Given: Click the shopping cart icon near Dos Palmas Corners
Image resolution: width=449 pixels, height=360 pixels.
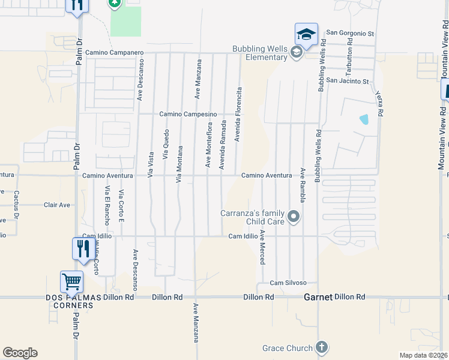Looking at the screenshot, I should pyautogui.click(x=71, y=281).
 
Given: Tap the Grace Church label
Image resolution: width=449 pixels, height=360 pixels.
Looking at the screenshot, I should pyautogui.click(x=288, y=348).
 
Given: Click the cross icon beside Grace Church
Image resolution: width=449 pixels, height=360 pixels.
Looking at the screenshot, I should pyautogui.click(x=322, y=347).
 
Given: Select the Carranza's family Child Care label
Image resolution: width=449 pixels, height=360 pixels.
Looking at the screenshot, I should pyautogui.click(x=256, y=217).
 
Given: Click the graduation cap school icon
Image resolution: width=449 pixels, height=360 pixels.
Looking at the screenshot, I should pyautogui.click(x=306, y=34).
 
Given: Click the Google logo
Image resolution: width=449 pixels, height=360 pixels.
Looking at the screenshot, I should pyautogui.click(x=20, y=353).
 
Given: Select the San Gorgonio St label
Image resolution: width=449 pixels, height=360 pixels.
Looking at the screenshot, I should pyautogui.click(x=350, y=34).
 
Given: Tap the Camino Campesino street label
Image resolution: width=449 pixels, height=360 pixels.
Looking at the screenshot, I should pyautogui.click(x=187, y=114).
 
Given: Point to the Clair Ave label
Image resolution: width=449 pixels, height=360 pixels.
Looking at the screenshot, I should pyautogui.click(x=57, y=205).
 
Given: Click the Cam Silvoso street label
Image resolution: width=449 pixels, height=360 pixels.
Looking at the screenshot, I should pyautogui.click(x=288, y=283).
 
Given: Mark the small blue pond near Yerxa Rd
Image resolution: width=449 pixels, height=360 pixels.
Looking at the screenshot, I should pyautogui.click(x=364, y=119).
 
